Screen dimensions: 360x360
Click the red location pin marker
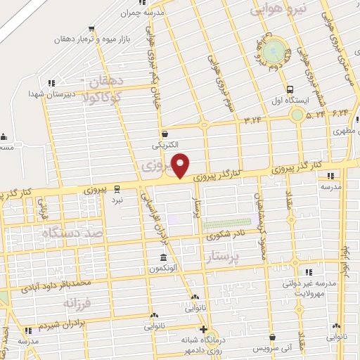[181, 165]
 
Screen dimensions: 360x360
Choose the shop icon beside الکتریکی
[165, 133]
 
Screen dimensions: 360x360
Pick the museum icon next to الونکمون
[163, 257]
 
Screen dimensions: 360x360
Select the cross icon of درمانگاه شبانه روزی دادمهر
[202, 329]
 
